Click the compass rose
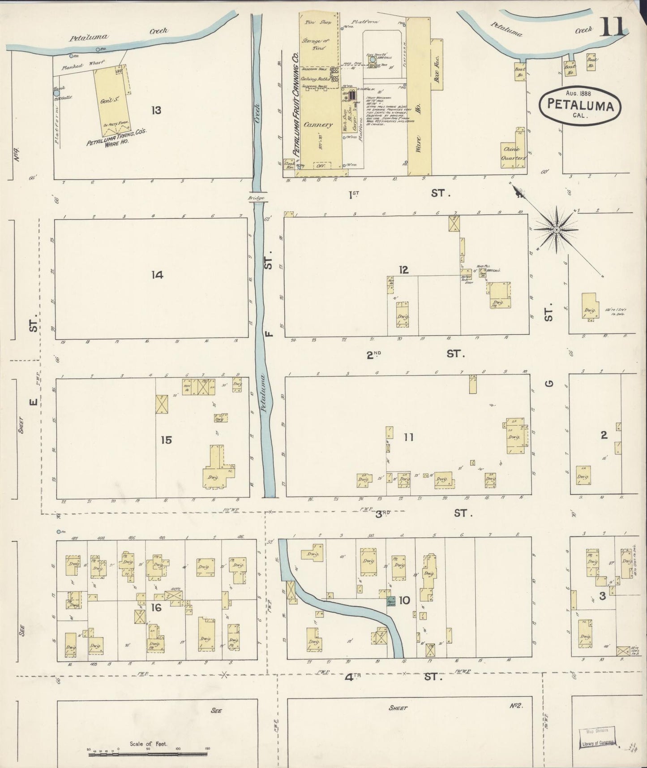[x=556, y=229]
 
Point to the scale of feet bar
[x=148, y=755]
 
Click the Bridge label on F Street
[x=258, y=198]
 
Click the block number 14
[x=157, y=275]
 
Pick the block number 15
[x=166, y=440]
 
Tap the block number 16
[x=156, y=608]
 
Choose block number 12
[x=404, y=270]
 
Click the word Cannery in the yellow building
[x=318, y=125]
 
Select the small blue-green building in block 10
[x=390, y=601]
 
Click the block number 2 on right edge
[x=604, y=435]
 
